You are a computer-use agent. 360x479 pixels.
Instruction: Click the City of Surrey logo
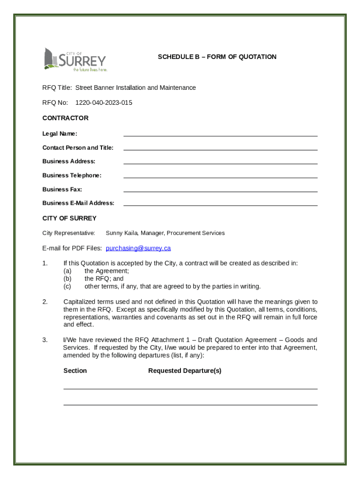click(75, 59)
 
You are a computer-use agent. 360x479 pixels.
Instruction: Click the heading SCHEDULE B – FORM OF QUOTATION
click(217, 57)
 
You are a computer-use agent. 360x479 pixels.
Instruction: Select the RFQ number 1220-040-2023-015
click(104, 102)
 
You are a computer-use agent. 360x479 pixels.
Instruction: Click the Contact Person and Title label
click(78, 148)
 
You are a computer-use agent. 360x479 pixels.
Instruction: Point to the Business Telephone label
click(72, 175)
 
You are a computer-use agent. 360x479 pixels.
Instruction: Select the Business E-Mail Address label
click(78, 203)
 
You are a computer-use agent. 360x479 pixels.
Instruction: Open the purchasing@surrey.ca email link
click(138, 248)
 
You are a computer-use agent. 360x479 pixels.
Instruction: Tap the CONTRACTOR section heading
click(65, 118)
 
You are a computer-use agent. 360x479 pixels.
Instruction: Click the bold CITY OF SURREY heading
click(69, 218)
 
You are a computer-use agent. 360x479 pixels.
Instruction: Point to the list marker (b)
click(68, 278)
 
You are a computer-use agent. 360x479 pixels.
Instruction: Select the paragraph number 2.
click(45, 302)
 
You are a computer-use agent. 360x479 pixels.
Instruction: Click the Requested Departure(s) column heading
click(185, 370)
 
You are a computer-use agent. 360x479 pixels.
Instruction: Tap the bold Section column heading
click(75, 370)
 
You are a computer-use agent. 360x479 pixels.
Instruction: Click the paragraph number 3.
click(45, 340)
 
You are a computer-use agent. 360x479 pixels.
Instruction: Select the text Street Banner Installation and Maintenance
click(136, 87)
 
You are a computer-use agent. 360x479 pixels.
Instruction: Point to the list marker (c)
click(67, 286)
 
